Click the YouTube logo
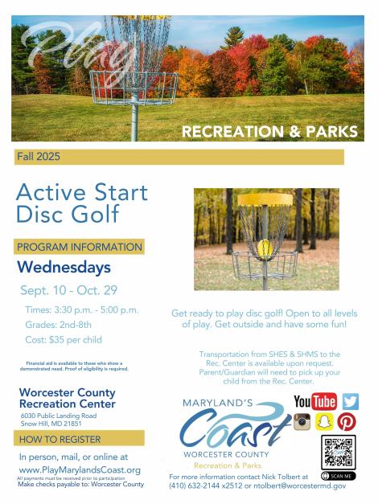(x=315, y=401)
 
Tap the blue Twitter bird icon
(x=350, y=401)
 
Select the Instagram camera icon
(x=302, y=422)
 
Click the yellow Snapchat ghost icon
(x=323, y=422)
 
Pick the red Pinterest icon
(x=347, y=422)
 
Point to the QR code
(x=339, y=453)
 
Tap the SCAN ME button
(x=339, y=476)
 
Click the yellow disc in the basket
(x=265, y=249)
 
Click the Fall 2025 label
(x=39, y=157)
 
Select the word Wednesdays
(x=64, y=268)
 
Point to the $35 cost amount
(x=56, y=340)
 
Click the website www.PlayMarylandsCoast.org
(x=80, y=470)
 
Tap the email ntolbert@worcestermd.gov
(x=300, y=486)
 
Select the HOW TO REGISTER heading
(x=60, y=440)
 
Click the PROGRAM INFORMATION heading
(x=80, y=247)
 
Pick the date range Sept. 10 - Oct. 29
(x=69, y=290)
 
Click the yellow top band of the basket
(x=265, y=199)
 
